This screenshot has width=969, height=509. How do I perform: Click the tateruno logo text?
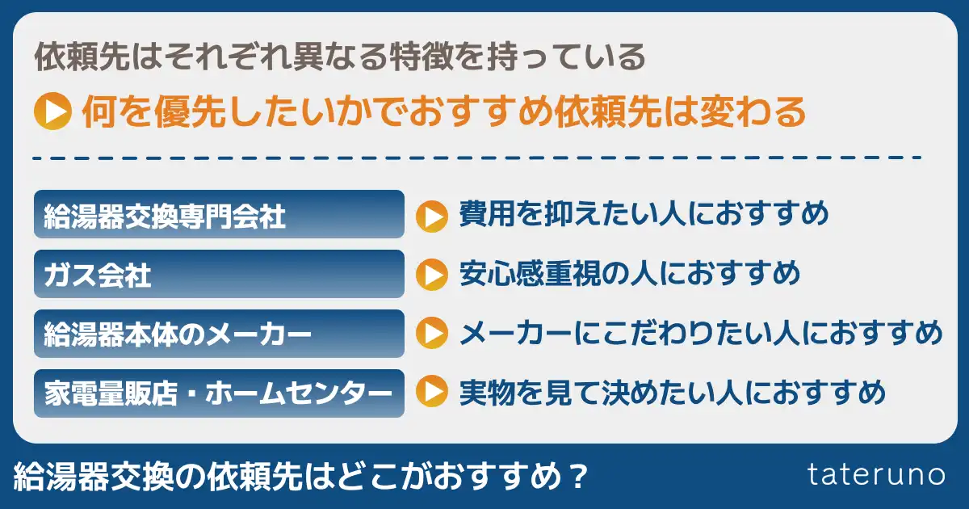point(875,475)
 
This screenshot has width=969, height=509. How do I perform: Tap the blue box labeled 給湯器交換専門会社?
point(218,215)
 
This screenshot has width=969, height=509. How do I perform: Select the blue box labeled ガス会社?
point(218,275)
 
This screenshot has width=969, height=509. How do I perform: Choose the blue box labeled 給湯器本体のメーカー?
point(218,334)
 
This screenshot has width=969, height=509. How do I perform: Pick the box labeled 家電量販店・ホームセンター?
point(218,393)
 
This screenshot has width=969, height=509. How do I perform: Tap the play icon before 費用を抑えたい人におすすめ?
point(431,216)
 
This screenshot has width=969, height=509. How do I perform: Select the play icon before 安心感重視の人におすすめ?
point(431,275)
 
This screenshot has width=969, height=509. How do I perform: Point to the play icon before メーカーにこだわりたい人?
point(431,334)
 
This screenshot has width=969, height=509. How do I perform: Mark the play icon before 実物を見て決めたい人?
point(431,393)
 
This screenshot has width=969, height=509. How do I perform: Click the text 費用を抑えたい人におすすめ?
point(644,215)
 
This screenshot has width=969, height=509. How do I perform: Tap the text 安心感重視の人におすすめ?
point(629,274)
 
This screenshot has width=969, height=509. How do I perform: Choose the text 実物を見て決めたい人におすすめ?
point(673,393)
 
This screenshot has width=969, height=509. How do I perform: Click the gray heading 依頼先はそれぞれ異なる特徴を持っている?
point(340,57)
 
